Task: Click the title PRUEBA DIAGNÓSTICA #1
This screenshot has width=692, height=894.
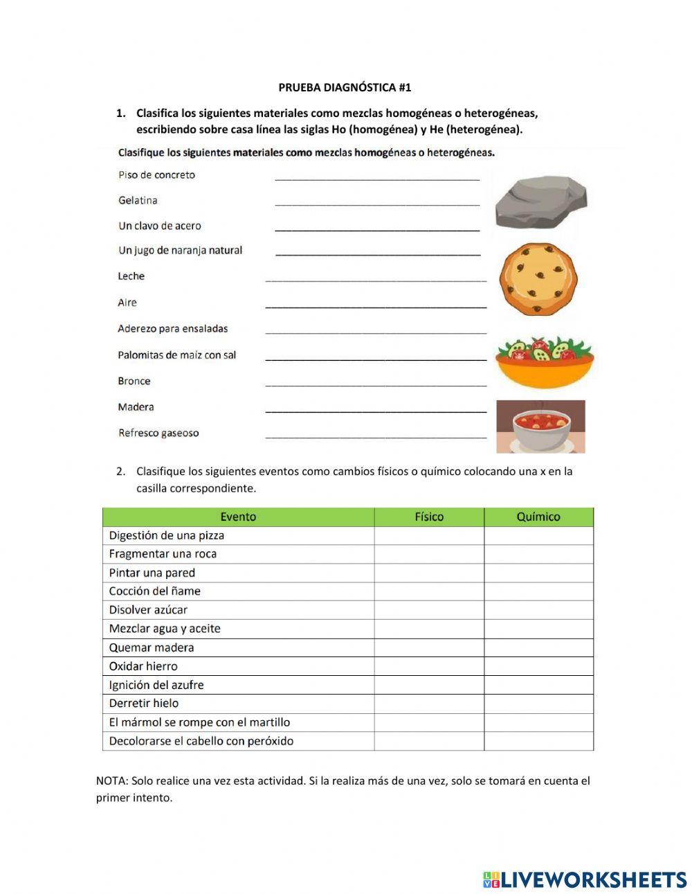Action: coord(345,87)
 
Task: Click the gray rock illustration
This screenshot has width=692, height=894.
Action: coord(540,202)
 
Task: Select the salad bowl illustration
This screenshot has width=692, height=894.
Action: coord(545,362)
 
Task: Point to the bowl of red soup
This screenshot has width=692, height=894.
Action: coord(540,427)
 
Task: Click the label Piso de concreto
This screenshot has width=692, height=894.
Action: coord(157,175)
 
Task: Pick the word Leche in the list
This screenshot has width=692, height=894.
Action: coord(131,276)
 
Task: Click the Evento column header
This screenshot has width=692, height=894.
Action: coord(238,517)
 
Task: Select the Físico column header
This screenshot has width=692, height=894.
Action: coord(429,517)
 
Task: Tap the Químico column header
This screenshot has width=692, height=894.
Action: coord(538,517)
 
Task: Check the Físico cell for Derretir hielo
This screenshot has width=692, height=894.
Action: coord(429,704)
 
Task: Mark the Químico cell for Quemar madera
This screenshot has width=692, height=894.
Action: coord(538,647)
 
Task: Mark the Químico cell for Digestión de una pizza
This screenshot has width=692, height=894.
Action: coord(538,535)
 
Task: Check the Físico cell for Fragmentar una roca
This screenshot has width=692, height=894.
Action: coord(429,554)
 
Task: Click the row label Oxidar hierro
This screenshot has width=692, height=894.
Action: coord(143,666)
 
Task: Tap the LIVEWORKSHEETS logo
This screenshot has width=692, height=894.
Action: coord(585,879)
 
